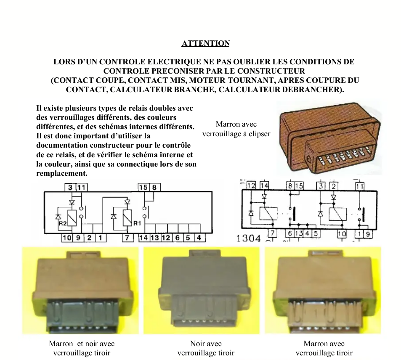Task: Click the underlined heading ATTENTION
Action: (x=206, y=43)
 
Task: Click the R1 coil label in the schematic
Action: (x=137, y=223)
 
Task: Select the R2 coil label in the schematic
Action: (x=62, y=223)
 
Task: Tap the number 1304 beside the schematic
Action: (x=248, y=238)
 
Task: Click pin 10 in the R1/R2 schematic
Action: (x=66, y=238)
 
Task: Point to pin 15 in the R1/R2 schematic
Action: (x=143, y=188)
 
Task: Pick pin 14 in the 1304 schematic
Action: (x=264, y=185)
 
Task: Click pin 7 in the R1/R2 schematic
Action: (x=127, y=238)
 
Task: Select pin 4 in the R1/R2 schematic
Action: (x=199, y=238)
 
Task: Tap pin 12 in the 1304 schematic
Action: (x=252, y=185)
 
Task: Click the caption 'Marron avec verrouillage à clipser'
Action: (x=236, y=129)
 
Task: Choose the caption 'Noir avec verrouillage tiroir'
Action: (x=206, y=348)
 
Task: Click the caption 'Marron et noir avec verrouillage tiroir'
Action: (x=82, y=348)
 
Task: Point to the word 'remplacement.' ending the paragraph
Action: (x=62, y=173)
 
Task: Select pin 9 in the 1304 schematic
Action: (x=368, y=234)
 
